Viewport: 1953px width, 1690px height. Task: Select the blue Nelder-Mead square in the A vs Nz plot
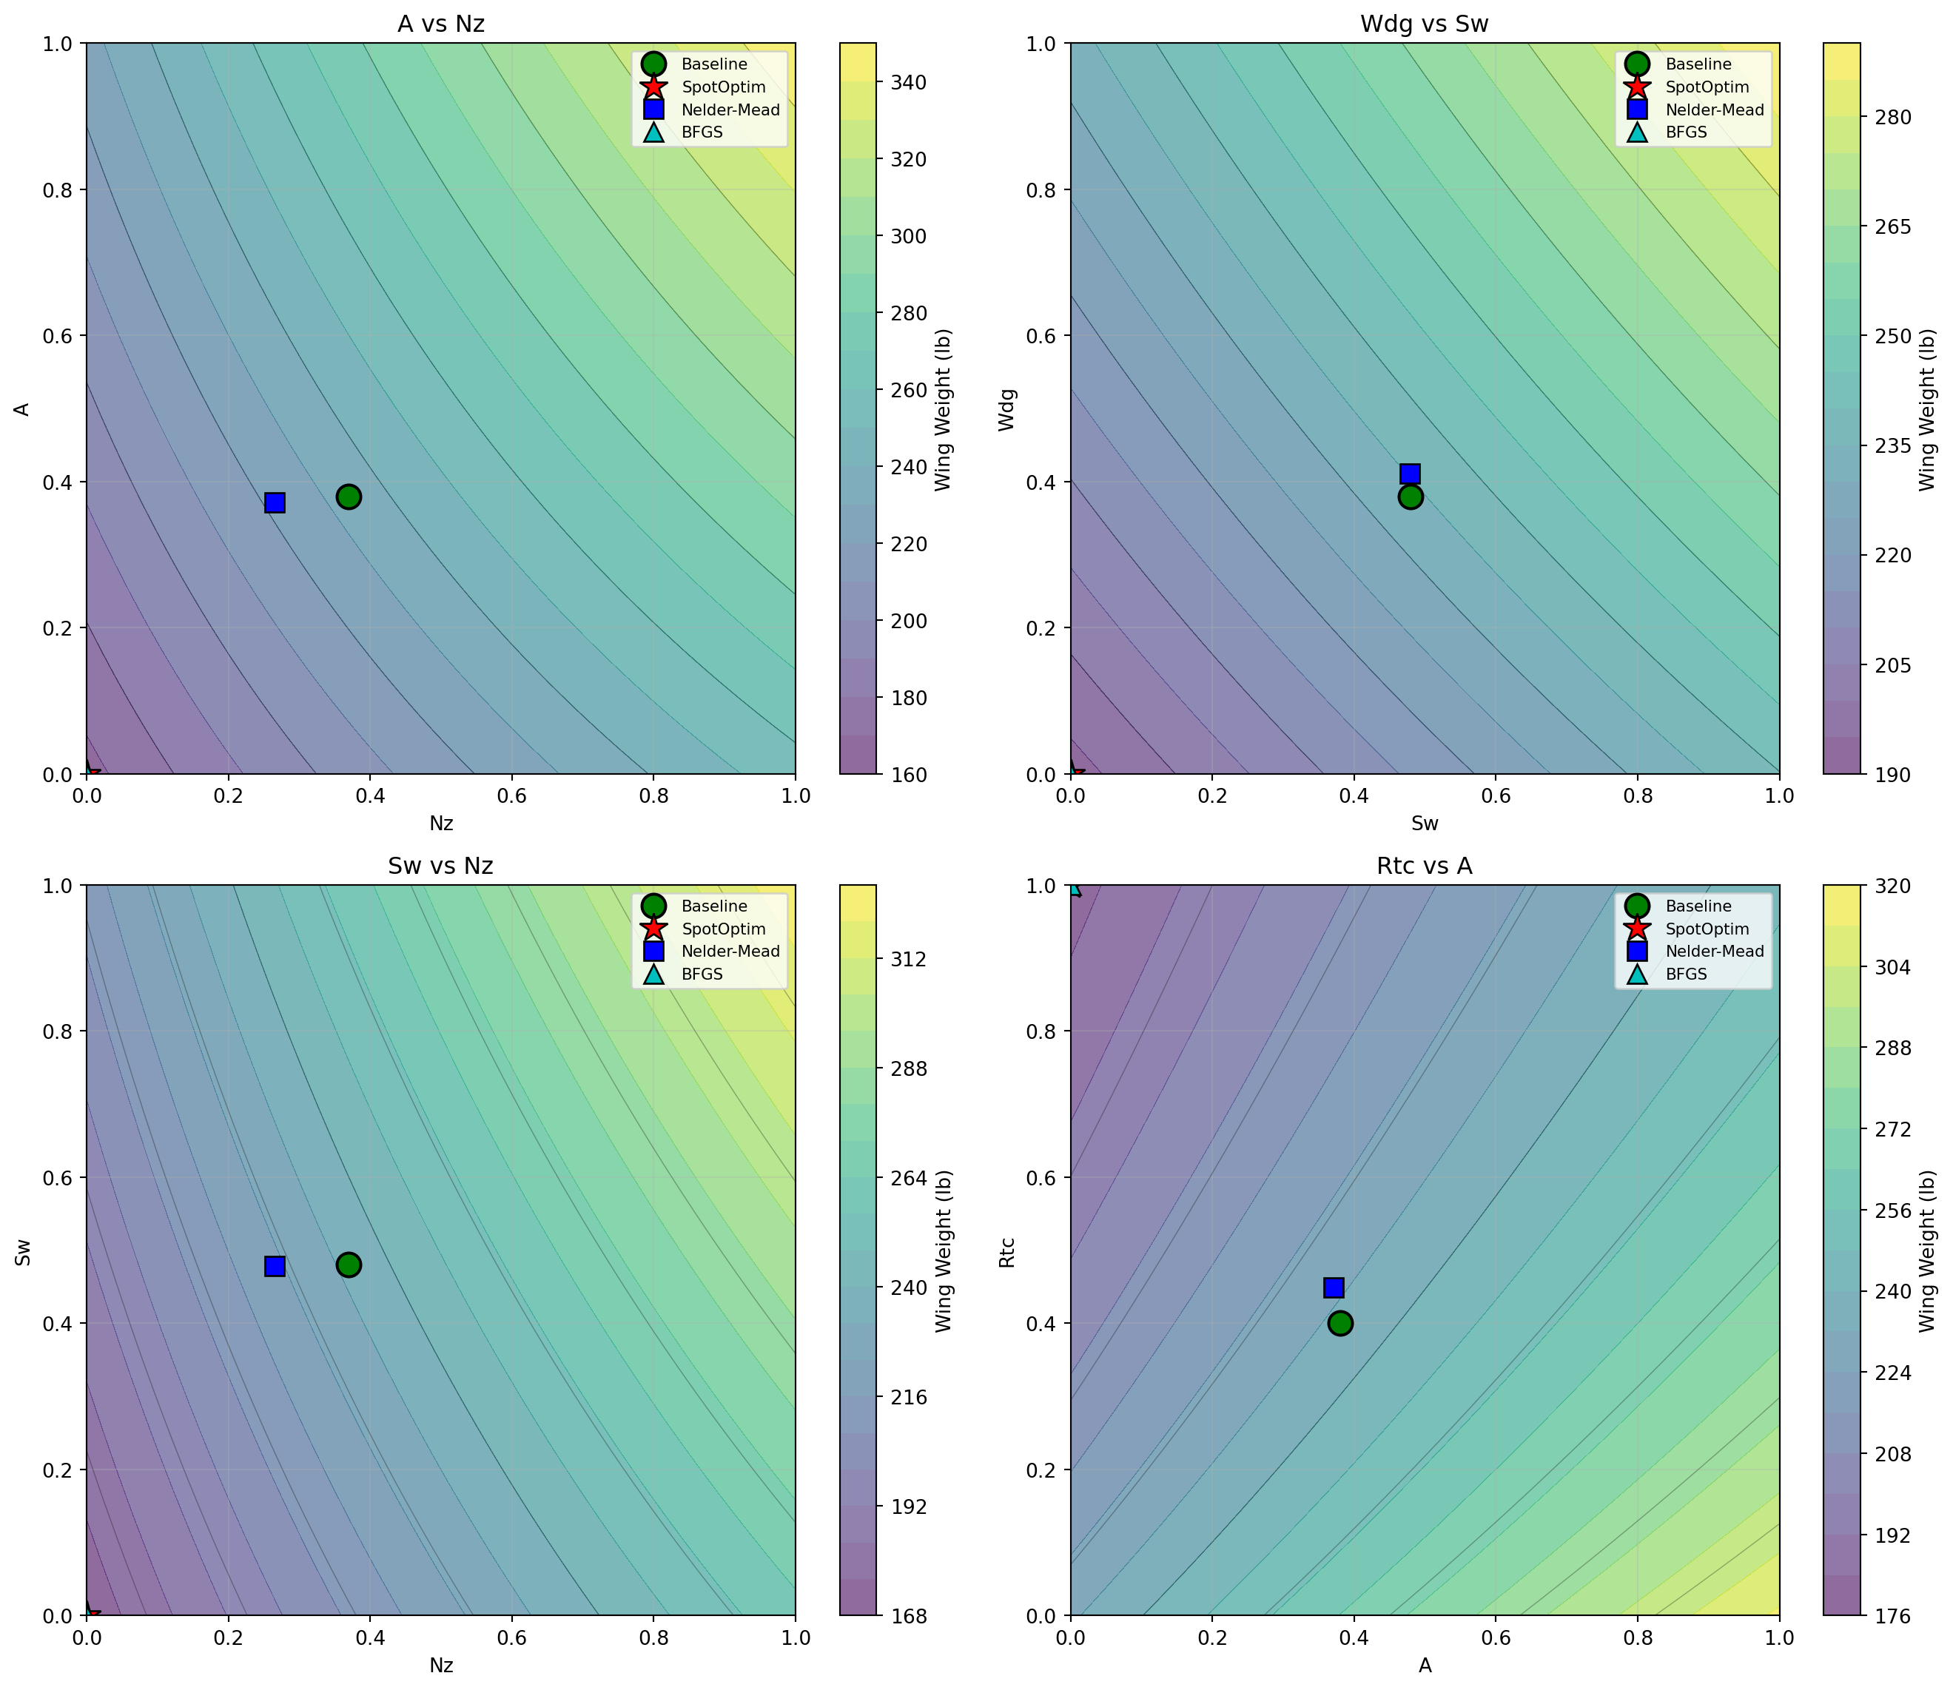(x=275, y=502)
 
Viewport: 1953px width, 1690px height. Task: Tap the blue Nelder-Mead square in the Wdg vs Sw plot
(x=1410, y=474)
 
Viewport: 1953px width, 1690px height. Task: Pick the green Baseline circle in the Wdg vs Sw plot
(x=1410, y=497)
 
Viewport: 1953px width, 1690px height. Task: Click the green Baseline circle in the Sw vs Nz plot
(x=348, y=1265)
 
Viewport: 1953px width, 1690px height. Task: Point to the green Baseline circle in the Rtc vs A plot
(x=1340, y=1323)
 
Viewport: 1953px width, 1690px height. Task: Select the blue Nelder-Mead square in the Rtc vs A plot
(x=1334, y=1287)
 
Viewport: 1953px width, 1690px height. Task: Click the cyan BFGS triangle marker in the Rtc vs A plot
(x=1072, y=887)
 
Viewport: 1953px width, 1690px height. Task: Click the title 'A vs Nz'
(x=440, y=24)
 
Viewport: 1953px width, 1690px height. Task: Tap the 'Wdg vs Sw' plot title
(x=1424, y=24)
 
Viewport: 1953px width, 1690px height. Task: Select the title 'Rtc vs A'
(x=1424, y=866)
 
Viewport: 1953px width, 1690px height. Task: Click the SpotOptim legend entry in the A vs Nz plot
(x=723, y=87)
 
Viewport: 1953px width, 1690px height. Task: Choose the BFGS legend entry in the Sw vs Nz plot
(x=702, y=974)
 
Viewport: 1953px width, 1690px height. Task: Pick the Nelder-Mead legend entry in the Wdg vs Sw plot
(x=1713, y=110)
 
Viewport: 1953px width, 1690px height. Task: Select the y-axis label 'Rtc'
(x=1007, y=1251)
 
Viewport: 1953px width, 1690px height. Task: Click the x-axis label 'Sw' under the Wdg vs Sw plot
(x=1424, y=824)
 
